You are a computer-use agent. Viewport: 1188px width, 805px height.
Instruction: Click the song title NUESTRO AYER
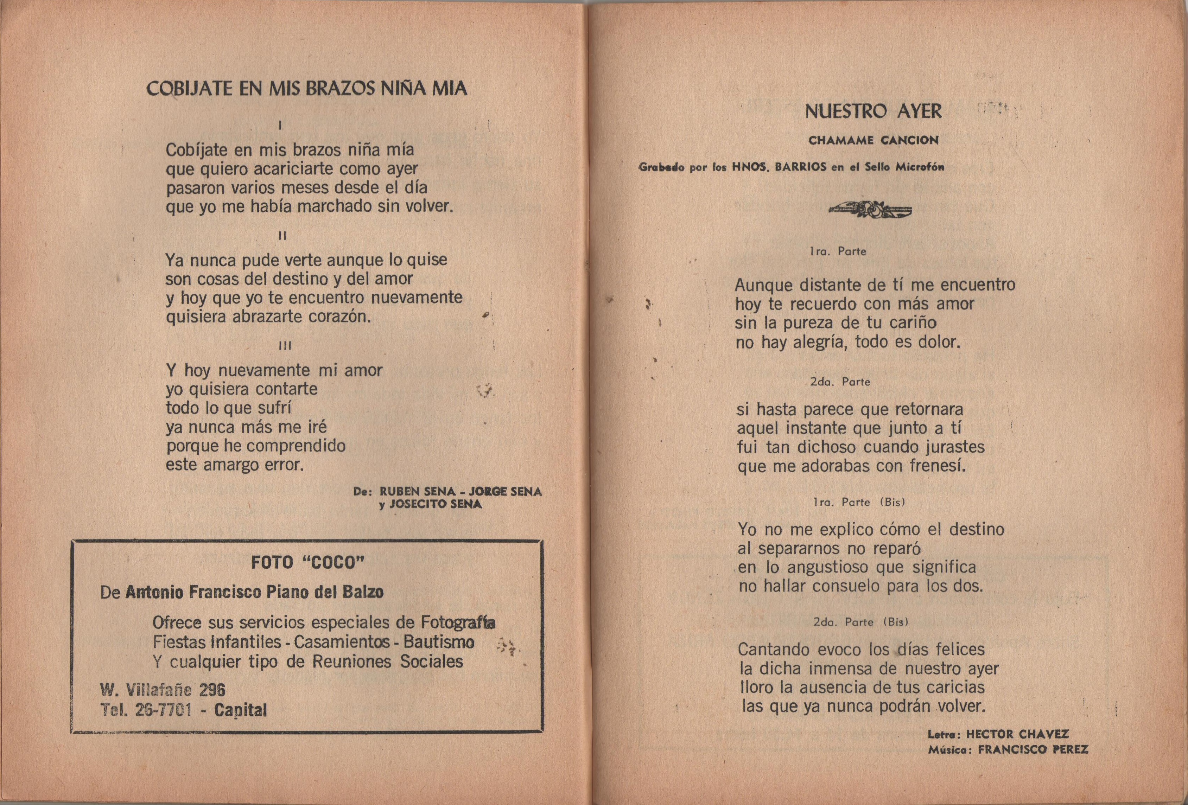click(x=873, y=111)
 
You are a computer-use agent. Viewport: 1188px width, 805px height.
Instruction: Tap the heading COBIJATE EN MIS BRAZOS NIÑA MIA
click(x=307, y=89)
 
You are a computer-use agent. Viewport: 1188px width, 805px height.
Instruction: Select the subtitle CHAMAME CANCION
click(x=873, y=140)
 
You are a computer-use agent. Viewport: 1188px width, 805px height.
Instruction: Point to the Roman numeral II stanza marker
click(x=282, y=236)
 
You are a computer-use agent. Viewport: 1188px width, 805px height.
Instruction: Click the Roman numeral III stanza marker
click(x=285, y=346)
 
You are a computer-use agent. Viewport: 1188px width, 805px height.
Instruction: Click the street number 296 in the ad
click(x=212, y=690)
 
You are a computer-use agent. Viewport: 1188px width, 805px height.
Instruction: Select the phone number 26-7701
click(x=164, y=710)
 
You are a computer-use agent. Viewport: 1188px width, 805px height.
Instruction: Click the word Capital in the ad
click(x=240, y=710)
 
